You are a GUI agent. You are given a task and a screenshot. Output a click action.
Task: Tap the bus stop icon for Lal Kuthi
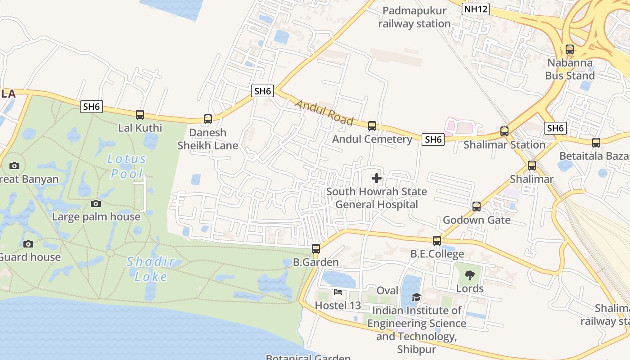tap(140, 115)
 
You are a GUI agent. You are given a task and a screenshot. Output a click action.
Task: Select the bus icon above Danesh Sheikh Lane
tap(208, 119)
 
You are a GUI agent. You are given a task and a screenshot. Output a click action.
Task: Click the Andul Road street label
tap(324, 112)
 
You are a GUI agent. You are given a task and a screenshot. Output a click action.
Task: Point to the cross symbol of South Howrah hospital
tap(377, 178)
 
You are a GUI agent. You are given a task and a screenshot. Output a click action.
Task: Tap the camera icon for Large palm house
tap(96, 203)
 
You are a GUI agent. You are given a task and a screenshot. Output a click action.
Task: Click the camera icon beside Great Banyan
tap(14, 166)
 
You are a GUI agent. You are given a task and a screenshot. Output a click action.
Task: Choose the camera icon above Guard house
tap(28, 244)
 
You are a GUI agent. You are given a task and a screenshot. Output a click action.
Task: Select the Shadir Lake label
tap(150, 269)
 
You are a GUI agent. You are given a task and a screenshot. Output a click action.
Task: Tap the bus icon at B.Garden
tap(316, 249)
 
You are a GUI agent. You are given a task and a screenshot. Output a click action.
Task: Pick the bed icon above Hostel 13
tap(338, 292)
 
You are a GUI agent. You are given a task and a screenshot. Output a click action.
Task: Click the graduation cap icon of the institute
tap(416, 297)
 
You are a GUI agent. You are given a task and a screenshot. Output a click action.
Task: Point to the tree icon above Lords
tap(470, 275)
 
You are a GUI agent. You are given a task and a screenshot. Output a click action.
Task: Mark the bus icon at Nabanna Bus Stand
tap(570, 49)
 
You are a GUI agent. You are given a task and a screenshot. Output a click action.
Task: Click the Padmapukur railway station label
tap(414, 17)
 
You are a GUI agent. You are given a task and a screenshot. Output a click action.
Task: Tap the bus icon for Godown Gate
tap(477, 207)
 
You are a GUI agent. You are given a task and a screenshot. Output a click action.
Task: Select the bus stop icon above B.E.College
tap(437, 241)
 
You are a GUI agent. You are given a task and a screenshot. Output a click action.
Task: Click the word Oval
tap(387, 291)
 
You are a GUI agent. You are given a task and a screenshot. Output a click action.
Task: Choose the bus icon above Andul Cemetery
tap(372, 126)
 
